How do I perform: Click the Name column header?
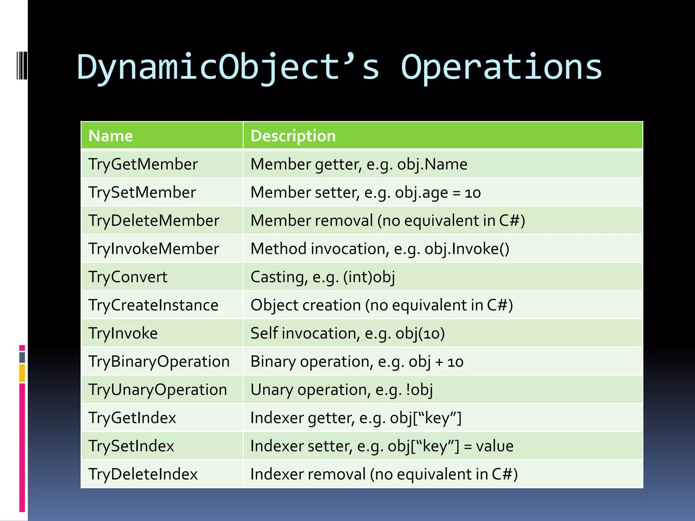pyautogui.click(x=111, y=136)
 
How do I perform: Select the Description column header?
pyautogui.click(x=293, y=136)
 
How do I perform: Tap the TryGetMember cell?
pyautogui.click(x=143, y=165)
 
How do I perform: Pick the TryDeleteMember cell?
pyautogui.click(x=154, y=221)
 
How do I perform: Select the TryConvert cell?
pyautogui.click(x=128, y=277)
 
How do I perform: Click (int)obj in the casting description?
pyautogui.click(x=369, y=277)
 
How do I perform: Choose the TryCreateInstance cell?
pyautogui.click(x=153, y=305)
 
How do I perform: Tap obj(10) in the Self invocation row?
pyautogui.click(x=420, y=333)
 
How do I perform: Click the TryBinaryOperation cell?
pyautogui.click(x=159, y=362)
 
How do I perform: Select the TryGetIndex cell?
pyautogui.click(x=132, y=418)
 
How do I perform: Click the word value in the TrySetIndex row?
pyautogui.click(x=494, y=446)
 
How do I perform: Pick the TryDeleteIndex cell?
pyautogui.click(x=143, y=474)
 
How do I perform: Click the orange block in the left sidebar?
pyautogui.click(x=22, y=373)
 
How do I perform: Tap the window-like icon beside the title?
pyautogui.click(x=22, y=65)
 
